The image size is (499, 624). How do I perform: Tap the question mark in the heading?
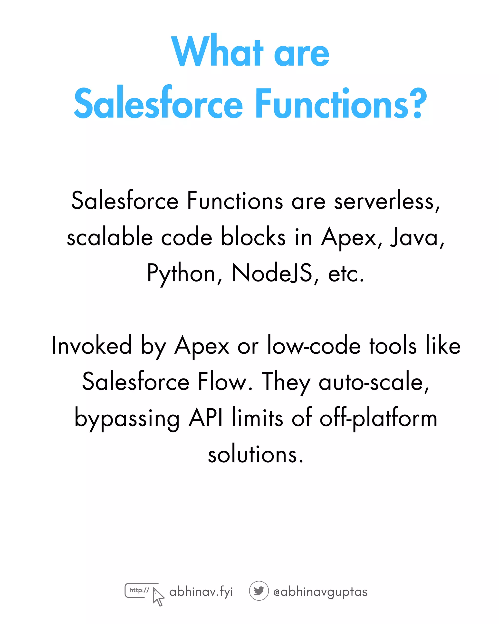pyautogui.click(x=418, y=103)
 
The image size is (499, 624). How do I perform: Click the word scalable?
pyautogui.click(x=110, y=237)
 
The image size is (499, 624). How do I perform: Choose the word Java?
pyautogui.click(x=417, y=237)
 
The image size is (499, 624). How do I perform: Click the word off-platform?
pyautogui.click(x=378, y=418)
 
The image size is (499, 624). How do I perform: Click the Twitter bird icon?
pyautogui.click(x=259, y=590)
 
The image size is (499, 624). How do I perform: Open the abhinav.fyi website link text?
pyautogui.click(x=201, y=592)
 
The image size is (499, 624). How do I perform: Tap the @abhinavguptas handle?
pyautogui.click(x=320, y=592)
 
